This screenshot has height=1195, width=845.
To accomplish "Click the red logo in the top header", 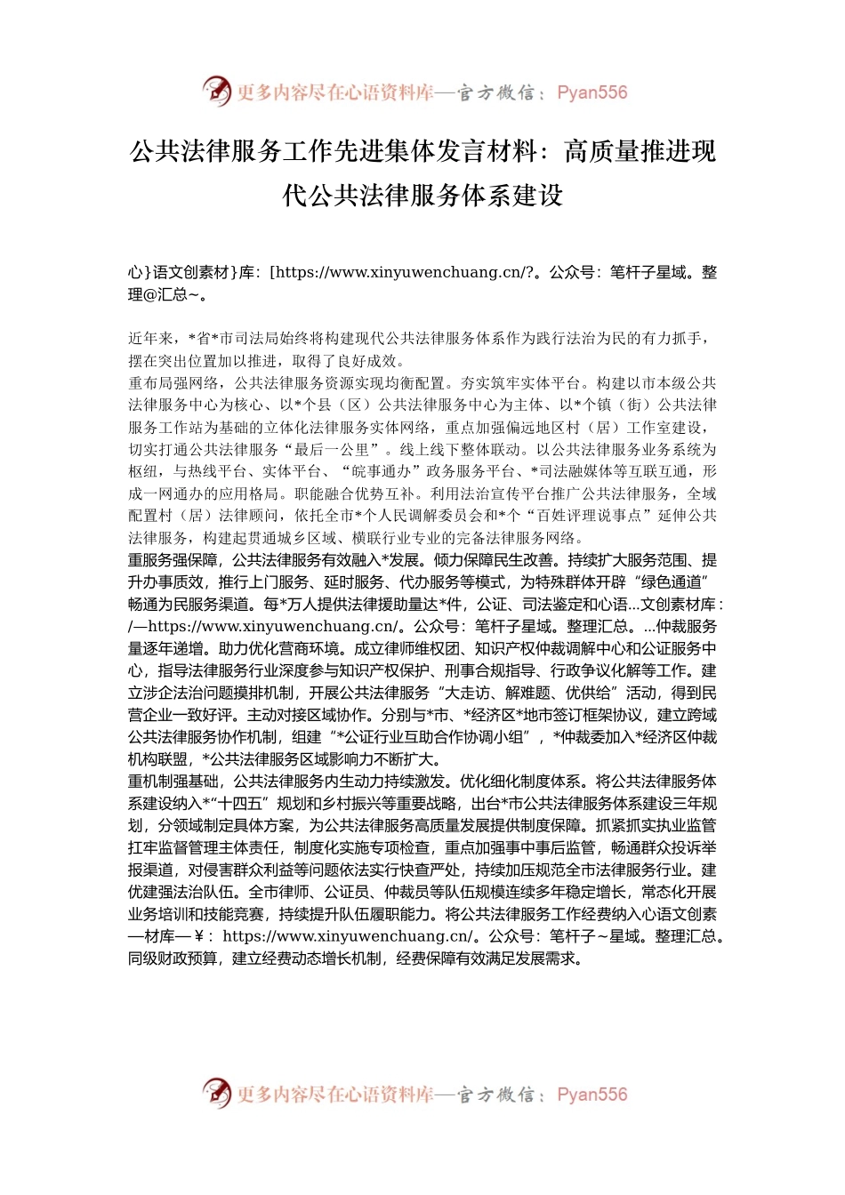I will [216, 91].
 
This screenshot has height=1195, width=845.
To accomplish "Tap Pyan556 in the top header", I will [591, 92].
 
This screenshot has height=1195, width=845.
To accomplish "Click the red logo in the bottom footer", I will [216, 1093].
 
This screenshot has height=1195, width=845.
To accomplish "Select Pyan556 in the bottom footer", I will [591, 1095].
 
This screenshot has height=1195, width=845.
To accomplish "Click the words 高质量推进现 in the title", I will [640, 151].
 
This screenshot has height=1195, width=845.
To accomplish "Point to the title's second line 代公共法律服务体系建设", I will [422, 195].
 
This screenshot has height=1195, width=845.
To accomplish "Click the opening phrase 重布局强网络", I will [173, 383].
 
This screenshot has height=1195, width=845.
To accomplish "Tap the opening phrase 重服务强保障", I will [173, 560].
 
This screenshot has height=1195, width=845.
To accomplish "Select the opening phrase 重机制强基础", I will [173, 782].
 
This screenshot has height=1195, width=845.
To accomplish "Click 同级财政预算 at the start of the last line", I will [173, 958].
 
